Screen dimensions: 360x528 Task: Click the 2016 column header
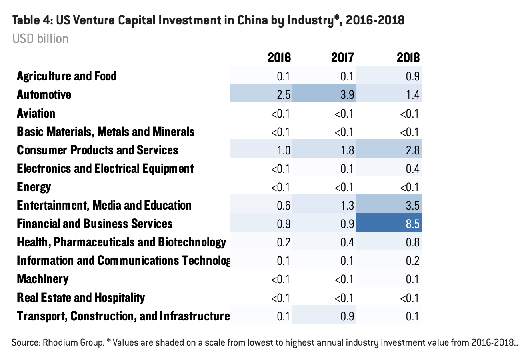coord(279,58)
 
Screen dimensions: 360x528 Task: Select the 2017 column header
coord(342,58)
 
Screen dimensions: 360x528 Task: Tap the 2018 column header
coord(408,58)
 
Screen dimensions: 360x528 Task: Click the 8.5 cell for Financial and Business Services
coord(412,224)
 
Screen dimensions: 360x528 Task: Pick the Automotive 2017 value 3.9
coord(347,95)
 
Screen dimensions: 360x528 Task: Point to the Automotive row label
coord(44,95)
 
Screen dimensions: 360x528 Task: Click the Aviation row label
coord(36,113)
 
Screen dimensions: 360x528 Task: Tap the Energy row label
coord(34,187)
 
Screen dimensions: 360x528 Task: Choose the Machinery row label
coord(42,279)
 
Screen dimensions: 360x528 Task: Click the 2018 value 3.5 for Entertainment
coord(412,205)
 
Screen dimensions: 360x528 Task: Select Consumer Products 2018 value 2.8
coord(412,150)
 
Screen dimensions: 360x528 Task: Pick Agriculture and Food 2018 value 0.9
coord(412,76)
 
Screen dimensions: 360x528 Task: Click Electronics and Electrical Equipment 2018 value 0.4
coord(412,168)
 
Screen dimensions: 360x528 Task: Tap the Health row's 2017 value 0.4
coord(347,242)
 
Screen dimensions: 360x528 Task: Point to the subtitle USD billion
coord(40,39)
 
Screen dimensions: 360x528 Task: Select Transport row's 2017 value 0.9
coord(347,316)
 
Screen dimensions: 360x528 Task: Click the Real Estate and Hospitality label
coord(81,298)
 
